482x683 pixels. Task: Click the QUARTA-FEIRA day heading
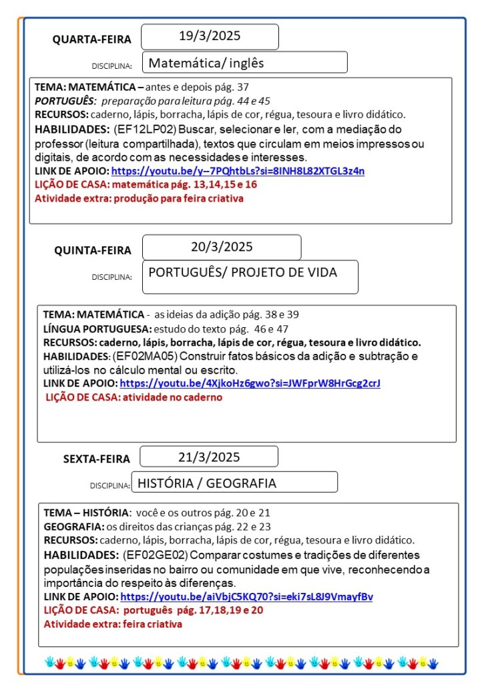(92, 39)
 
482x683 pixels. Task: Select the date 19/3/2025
(210, 36)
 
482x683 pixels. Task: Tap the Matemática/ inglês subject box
(244, 63)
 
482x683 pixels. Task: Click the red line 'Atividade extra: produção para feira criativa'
(139, 198)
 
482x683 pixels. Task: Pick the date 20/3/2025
(222, 247)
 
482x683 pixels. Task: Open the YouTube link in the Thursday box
(250, 383)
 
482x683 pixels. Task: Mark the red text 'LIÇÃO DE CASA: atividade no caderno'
(134, 397)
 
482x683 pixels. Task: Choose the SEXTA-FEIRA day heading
(97, 459)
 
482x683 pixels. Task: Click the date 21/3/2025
(209, 457)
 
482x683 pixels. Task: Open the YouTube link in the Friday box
(246, 596)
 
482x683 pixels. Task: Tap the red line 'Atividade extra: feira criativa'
(113, 624)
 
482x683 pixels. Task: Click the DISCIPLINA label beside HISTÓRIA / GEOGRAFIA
(110, 485)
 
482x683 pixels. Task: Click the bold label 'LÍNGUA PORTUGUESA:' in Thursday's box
(97, 328)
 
